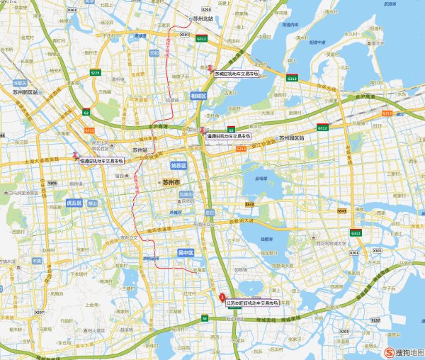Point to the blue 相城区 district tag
tap(198, 95)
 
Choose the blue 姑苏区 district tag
tap(178, 165)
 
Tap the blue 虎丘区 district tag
tap(74, 203)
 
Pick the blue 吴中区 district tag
tap(186, 252)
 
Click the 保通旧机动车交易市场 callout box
tap(106, 161)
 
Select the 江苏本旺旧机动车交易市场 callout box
tap(252, 303)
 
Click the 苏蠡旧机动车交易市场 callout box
tap(237, 73)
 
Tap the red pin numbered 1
tap(222, 298)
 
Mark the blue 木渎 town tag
tap(36, 261)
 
